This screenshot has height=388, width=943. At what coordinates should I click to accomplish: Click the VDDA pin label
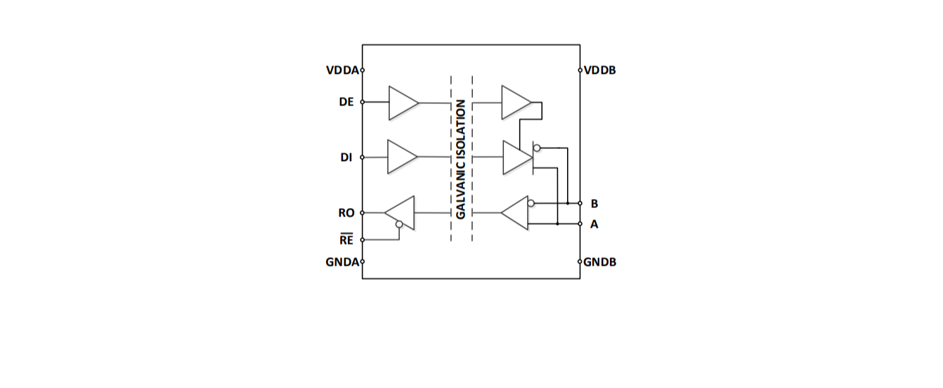[x=342, y=70]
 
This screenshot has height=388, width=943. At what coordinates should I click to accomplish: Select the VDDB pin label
[x=599, y=70]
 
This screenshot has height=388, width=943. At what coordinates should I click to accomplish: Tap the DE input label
[x=346, y=102]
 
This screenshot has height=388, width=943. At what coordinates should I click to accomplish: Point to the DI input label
[x=346, y=157]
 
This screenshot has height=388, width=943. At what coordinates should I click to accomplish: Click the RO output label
[x=346, y=213]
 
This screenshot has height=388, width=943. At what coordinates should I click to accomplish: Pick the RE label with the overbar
[x=346, y=240]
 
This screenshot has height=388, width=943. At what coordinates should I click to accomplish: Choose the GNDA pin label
[x=342, y=262]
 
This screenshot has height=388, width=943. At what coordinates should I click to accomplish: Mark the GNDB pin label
[x=600, y=262]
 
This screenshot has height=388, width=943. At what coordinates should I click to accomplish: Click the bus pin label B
[x=594, y=204]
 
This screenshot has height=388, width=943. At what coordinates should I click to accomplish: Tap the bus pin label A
[x=594, y=225]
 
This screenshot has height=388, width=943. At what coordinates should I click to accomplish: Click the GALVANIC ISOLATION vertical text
[x=461, y=159]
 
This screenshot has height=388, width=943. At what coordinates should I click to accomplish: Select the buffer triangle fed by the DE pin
[x=401, y=103]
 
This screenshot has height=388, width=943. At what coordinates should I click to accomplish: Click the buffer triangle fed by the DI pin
[x=401, y=157]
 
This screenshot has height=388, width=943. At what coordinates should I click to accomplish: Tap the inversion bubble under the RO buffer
[x=399, y=225]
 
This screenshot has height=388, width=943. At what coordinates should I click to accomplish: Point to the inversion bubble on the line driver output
[x=537, y=148]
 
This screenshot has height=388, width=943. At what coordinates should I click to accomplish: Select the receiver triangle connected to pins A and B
[x=516, y=212]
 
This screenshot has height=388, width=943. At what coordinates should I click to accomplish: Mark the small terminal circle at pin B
[x=580, y=203]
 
